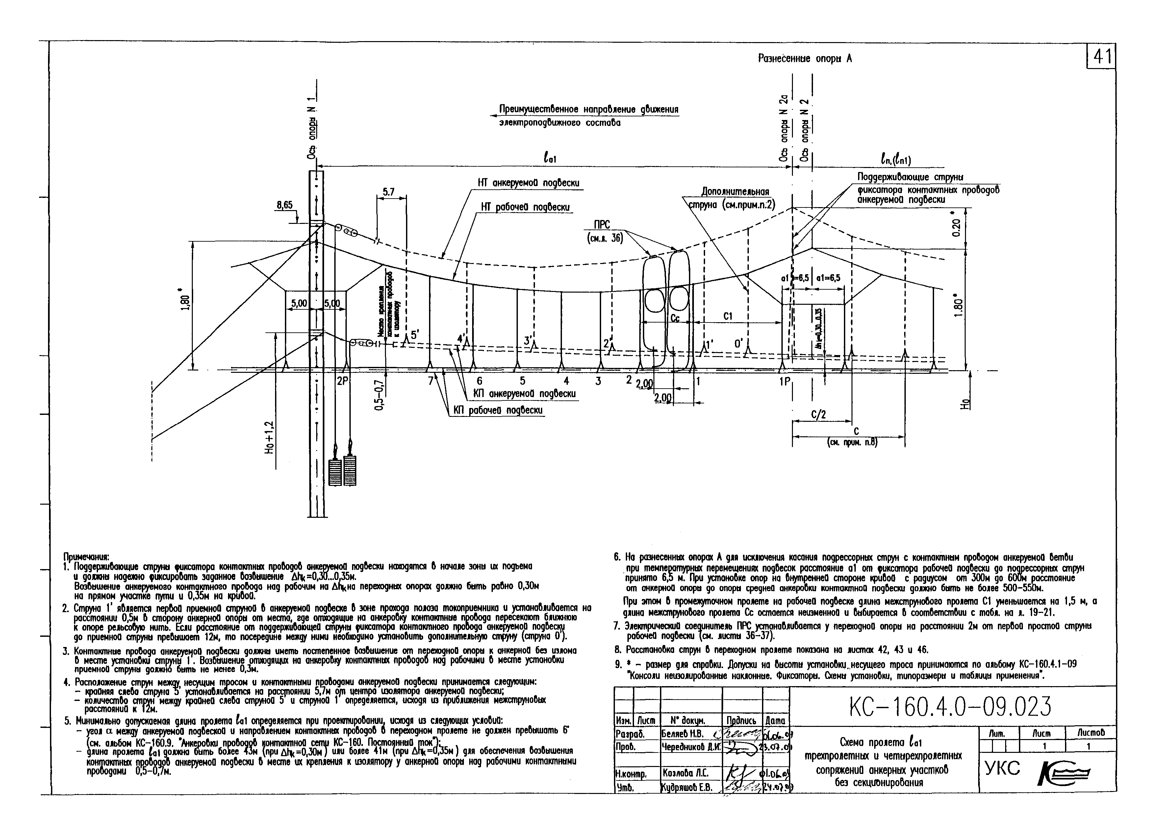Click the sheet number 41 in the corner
click(x=1101, y=57)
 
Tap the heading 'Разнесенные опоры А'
click(x=805, y=59)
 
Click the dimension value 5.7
click(x=389, y=192)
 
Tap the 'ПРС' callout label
click(x=602, y=225)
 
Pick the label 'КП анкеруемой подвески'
click(x=524, y=394)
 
